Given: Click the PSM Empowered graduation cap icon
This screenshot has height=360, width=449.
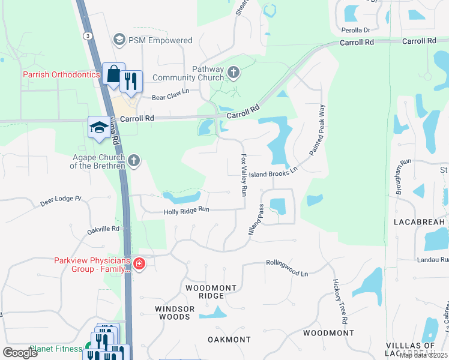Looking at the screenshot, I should point(119,40).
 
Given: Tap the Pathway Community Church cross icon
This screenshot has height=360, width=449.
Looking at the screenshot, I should point(234,73).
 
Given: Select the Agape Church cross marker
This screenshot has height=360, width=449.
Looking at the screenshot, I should point(134,160).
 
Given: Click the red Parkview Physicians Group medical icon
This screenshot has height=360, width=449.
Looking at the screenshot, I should point(139,264).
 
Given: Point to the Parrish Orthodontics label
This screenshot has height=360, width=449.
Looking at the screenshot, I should point(61,75).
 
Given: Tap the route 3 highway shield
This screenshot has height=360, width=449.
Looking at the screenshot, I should point(88,36).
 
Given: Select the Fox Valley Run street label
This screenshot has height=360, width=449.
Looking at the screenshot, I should point(244,175).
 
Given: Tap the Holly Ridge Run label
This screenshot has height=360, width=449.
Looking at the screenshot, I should point(187,211).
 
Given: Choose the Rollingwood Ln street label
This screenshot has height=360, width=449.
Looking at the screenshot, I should point(287,268).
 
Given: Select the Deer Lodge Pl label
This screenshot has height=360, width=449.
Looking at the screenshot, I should point(61,200).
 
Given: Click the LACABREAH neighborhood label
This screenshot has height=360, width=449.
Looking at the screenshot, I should point(419,222).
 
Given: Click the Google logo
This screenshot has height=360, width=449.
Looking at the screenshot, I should point(20,352).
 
